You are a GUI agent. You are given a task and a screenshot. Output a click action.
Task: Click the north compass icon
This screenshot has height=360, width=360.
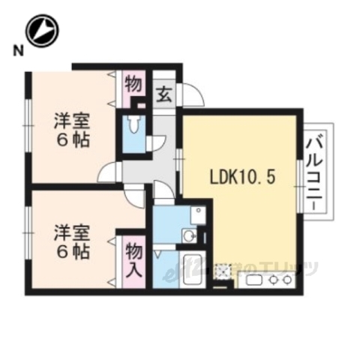tap(42, 31)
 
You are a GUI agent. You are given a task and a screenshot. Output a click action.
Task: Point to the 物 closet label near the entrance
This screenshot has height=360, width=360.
tap(133, 83)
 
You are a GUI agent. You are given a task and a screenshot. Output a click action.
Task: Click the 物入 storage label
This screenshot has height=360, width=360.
tap(133, 259)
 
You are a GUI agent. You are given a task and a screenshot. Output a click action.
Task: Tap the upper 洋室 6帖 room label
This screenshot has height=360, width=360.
tap(72, 129)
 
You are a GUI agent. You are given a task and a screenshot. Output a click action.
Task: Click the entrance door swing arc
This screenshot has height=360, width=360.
tap(193, 94)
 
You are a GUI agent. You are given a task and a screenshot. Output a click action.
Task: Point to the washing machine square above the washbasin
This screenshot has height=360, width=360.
tap(196, 214)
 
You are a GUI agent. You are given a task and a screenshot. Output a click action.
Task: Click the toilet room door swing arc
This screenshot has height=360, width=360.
tap(159, 143)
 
